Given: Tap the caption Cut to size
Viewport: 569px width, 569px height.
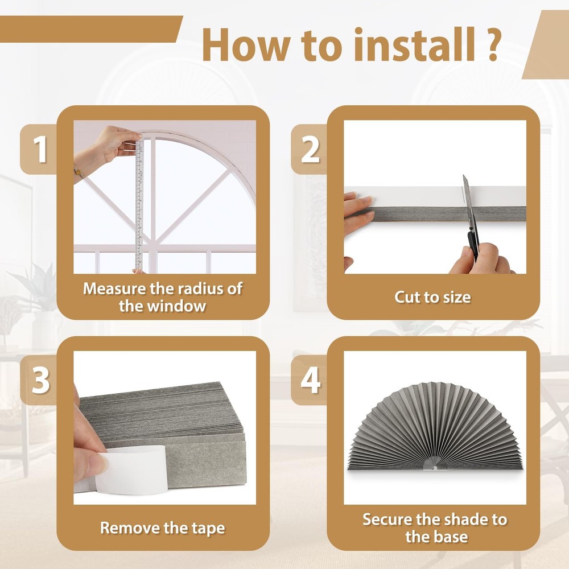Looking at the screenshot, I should coord(432,297).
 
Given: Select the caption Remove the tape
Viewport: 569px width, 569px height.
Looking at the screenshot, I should coord(162,527).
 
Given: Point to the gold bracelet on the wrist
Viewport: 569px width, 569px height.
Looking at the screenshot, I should coord(79,171).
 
